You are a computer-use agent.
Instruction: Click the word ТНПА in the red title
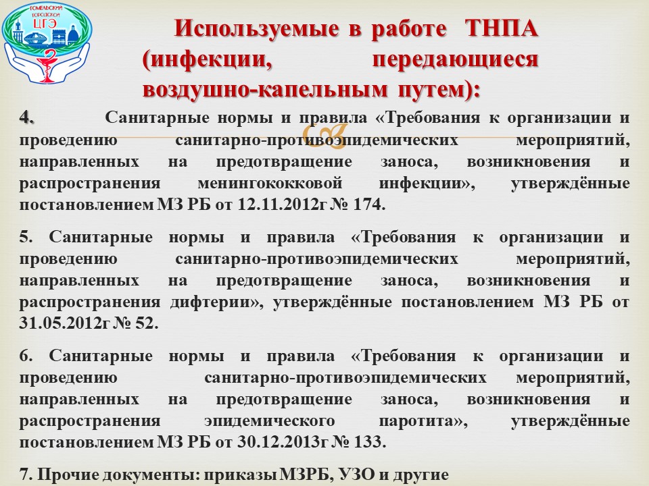pyautogui.click(x=501, y=28)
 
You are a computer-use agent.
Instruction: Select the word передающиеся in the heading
pyautogui.click(x=455, y=59)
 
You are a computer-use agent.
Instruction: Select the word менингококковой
pyautogui.click(x=270, y=183)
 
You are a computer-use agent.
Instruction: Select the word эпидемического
pyautogui.click(x=270, y=421)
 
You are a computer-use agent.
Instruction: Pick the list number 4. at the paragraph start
pyautogui.click(x=26, y=117)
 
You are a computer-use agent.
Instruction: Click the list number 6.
pyautogui.click(x=26, y=356)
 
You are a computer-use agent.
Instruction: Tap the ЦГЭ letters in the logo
pyautogui.click(x=45, y=24)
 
